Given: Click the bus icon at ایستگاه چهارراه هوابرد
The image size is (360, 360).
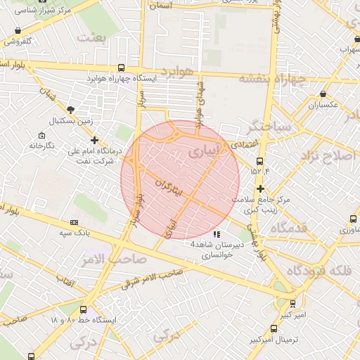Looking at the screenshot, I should pos(122,68).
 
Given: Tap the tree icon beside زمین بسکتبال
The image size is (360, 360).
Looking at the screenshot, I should pos(71,109).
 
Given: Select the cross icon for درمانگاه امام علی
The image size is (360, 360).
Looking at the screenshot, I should pos(94,141).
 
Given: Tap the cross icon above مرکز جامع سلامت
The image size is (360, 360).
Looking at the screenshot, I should pos(261,188).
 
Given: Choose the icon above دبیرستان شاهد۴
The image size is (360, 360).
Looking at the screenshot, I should pos(216,233).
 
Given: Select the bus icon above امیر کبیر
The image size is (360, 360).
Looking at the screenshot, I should pos(292,304).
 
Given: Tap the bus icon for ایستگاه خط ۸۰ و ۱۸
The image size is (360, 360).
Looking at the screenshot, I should pos(84,309).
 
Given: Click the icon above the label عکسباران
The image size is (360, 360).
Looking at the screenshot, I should pos(323,94).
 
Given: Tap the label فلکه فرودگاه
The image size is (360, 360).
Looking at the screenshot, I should pos(317,271).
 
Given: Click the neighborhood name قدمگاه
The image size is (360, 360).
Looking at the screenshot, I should pos(289,227).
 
